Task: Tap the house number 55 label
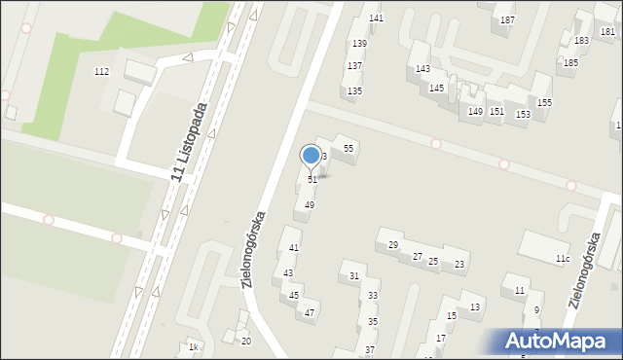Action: tap(348, 147)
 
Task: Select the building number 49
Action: tap(309, 205)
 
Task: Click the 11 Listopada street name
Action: tap(191, 142)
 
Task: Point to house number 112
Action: tap(101, 72)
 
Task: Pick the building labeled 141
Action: tap(376, 18)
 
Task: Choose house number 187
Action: tap(507, 19)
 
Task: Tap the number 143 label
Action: tap(422, 69)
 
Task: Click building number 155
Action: tap(544, 103)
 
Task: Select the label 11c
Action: tap(562, 258)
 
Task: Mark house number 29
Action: tap(393, 245)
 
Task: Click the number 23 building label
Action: tap(459, 265)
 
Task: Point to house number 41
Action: tap(293, 249)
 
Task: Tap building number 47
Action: tap(309, 313)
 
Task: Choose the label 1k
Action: tap(194, 347)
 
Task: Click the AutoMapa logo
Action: tap(559, 341)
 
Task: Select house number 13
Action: tap(474, 307)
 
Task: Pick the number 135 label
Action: tap(355, 90)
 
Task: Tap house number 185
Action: tap(570, 62)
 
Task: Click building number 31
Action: tap(354, 276)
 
